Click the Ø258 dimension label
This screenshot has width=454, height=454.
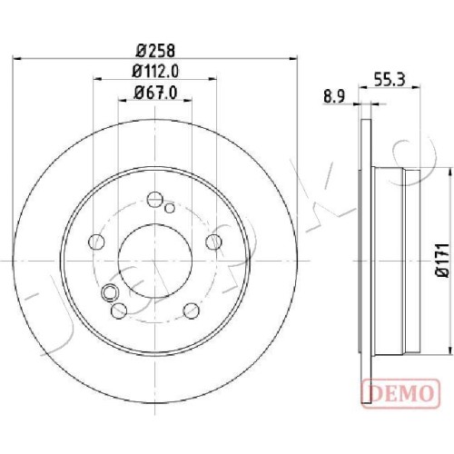pos(155,51)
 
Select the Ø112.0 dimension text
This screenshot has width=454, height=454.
pos(155,72)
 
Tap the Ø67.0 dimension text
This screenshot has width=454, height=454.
pos(155,93)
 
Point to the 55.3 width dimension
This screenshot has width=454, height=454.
pos(390,80)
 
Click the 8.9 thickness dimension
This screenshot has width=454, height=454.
pos(334,97)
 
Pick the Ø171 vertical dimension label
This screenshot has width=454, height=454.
pos(441,260)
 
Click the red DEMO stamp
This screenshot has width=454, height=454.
pos(400,393)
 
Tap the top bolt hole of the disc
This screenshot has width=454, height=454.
pos(155,199)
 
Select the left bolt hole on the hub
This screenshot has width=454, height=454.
pos(96,242)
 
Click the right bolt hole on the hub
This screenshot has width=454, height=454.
pos(213,242)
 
